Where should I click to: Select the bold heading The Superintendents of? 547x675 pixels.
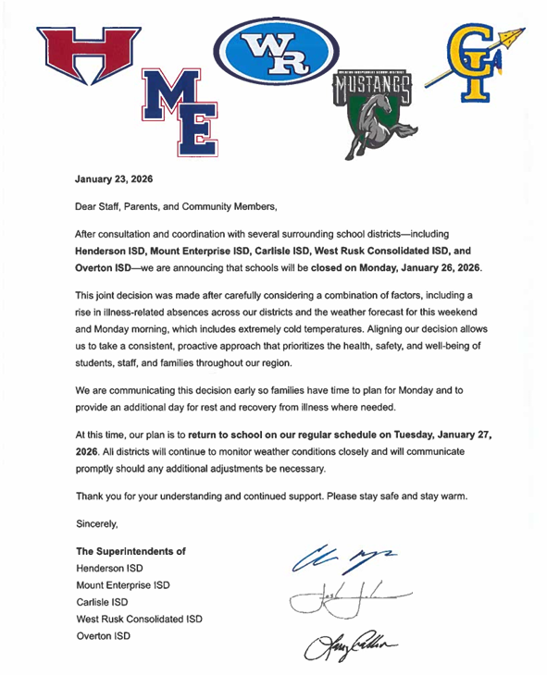tap(131, 551)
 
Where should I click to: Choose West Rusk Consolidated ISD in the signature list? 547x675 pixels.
tap(139, 619)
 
